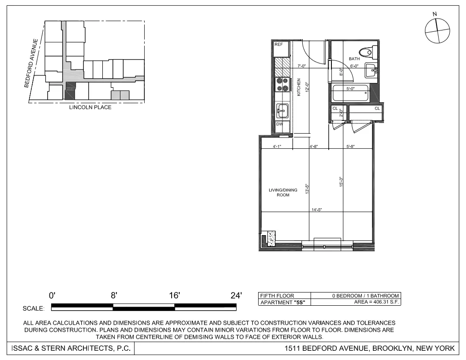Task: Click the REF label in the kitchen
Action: pos(279,45)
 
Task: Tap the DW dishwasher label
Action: pos(279,124)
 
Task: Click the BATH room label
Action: pos(354,59)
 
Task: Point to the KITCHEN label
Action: pos(299,87)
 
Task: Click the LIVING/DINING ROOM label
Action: pos(283,192)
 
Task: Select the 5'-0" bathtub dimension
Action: pos(350,89)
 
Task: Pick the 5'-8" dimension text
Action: pos(351,146)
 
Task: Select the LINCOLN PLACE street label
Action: pos(90,107)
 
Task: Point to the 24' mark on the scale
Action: pos(237,296)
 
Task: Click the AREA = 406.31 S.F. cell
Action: pos(377,302)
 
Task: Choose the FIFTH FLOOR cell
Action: pos(277,296)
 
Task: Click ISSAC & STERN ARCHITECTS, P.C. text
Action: pos(68,349)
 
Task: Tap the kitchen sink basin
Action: pos(282,110)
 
